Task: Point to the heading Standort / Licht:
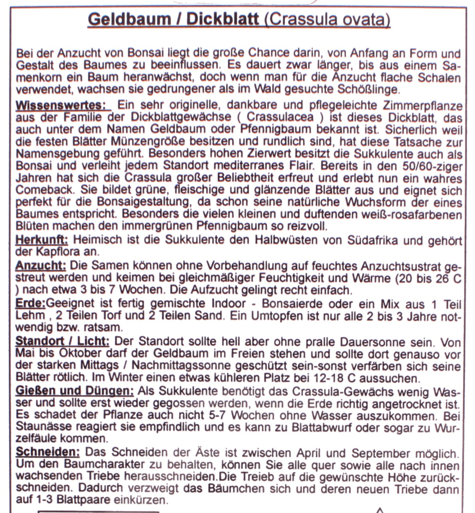point(62,341)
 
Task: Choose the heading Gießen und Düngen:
point(75,391)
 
